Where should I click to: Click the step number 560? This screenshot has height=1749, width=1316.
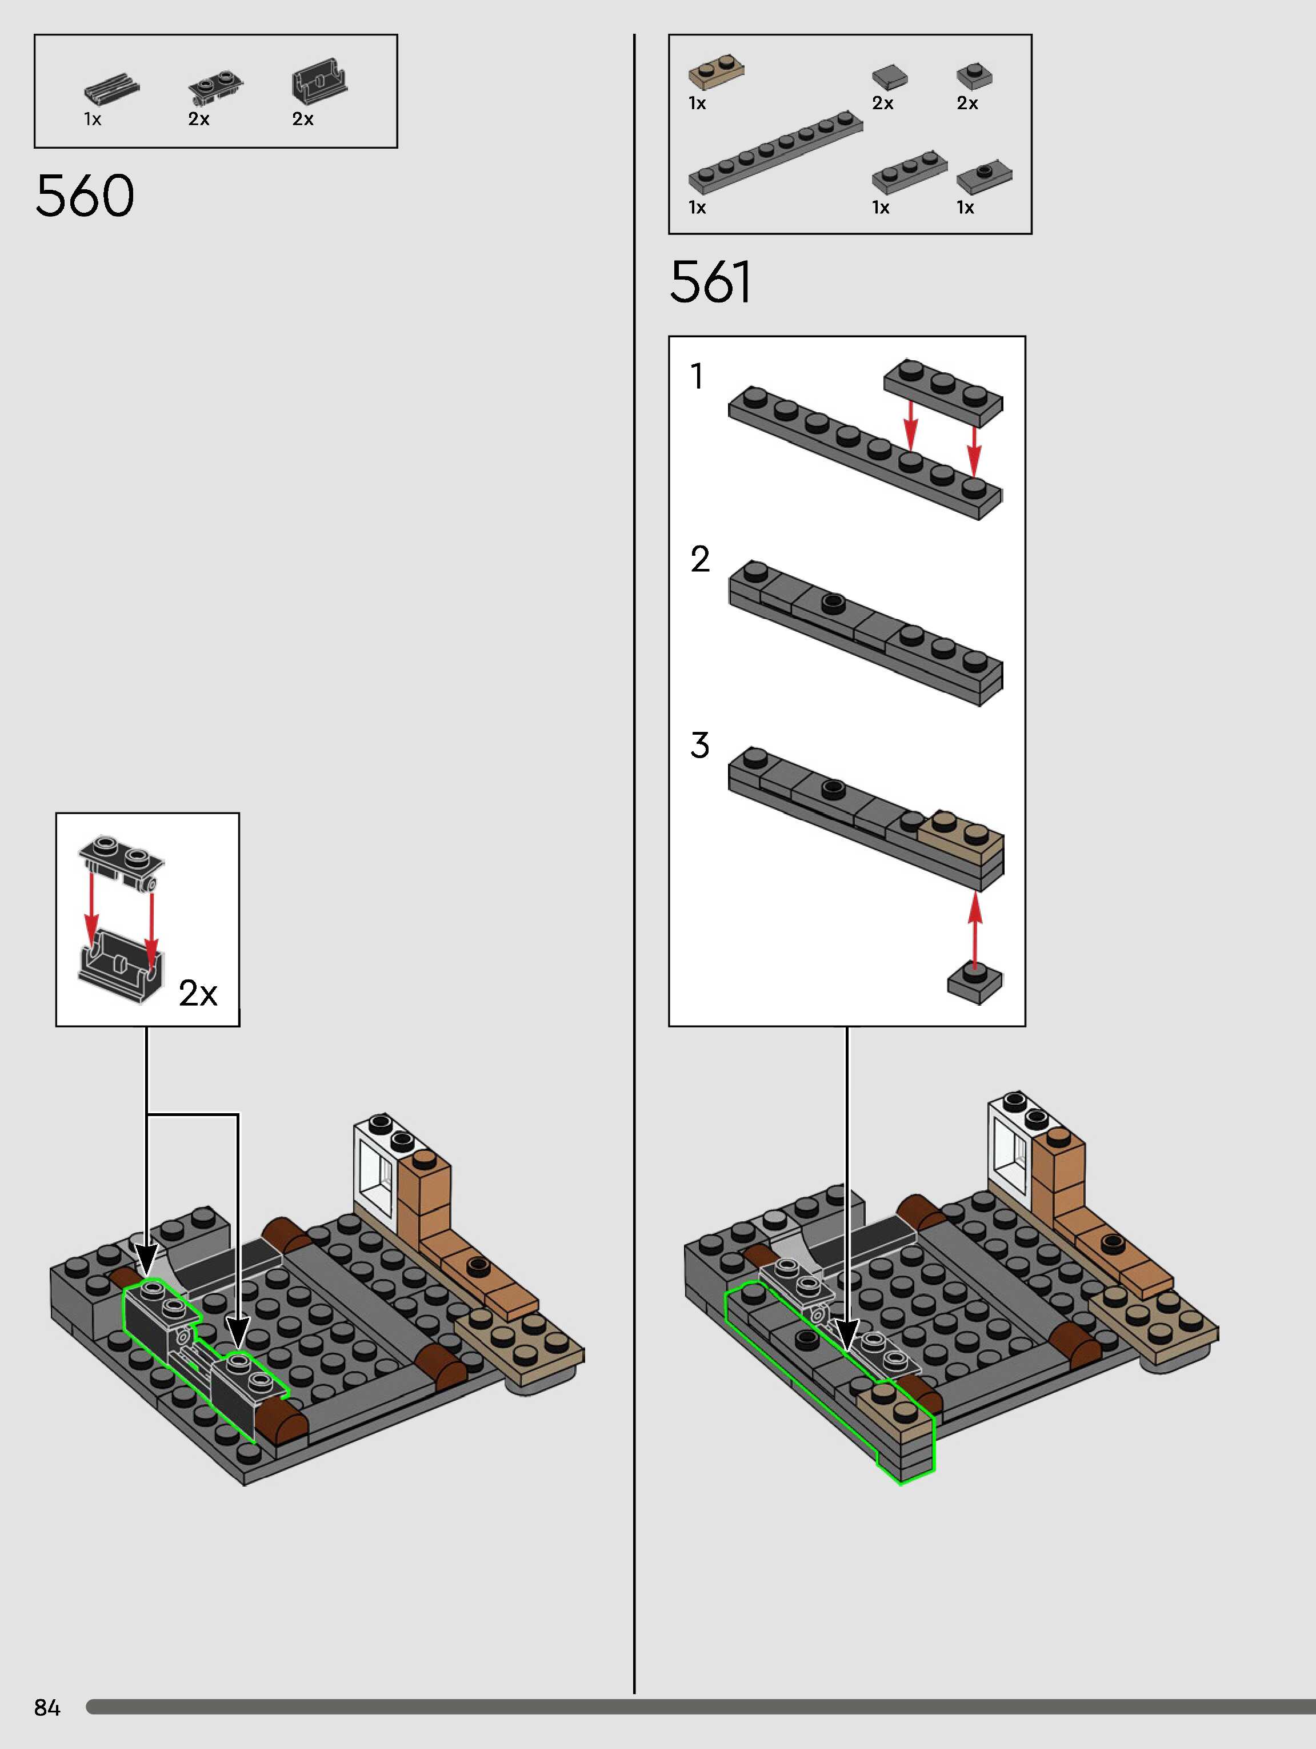(85, 196)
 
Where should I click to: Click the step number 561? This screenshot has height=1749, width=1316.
(710, 282)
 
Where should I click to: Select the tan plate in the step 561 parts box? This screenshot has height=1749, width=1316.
(716, 72)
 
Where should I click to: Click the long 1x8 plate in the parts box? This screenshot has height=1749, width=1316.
(775, 152)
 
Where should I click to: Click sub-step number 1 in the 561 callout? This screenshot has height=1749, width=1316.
(697, 376)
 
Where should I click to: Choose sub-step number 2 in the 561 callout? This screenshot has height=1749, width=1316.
(699, 560)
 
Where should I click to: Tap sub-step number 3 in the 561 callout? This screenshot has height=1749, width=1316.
(699, 746)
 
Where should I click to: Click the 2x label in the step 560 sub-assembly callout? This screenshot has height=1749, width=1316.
(198, 993)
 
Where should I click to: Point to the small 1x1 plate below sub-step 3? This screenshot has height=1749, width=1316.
(974, 983)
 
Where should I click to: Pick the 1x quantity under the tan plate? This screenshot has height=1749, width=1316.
(697, 103)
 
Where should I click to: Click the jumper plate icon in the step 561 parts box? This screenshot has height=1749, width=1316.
(984, 177)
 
